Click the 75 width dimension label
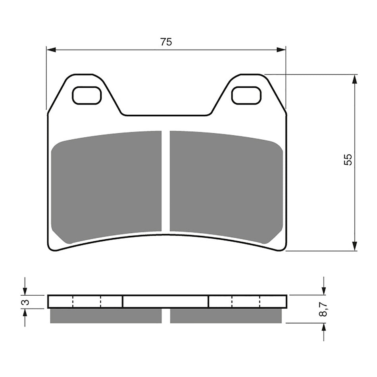click(166, 42)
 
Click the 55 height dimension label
click(348, 160)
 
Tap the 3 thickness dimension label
click(27, 302)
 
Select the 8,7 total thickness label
click(324, 309)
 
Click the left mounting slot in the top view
click(87, 96)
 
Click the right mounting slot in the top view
click(246, 96)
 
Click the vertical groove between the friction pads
click(165, 181)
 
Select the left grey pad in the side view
click(106, 316)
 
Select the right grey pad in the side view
click(225, 316)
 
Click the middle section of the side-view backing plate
click(165, 302)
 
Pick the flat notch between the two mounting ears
click(166, 115)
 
